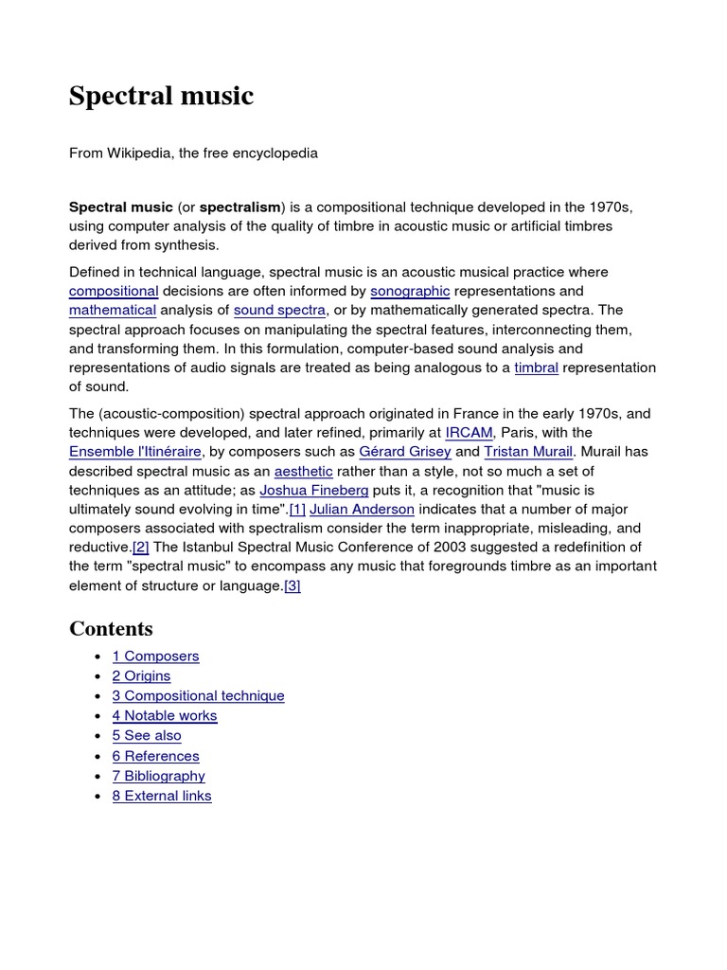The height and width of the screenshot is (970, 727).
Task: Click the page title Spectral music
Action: point(161,96)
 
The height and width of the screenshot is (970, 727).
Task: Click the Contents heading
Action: point(111,629)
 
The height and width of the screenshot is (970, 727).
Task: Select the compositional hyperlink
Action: point(114,291)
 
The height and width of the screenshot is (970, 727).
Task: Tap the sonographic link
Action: point(410,291)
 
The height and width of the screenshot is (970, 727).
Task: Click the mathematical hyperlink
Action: point(112,310)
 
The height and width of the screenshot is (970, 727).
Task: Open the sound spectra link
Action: point(280,310)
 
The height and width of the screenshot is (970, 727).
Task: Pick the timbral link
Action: point(536,368)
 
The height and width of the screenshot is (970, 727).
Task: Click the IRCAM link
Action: point(469,433)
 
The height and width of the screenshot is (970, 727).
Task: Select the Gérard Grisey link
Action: point(404,452)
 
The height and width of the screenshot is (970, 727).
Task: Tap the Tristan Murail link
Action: point(528,452)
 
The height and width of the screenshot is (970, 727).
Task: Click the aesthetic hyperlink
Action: point(303,471)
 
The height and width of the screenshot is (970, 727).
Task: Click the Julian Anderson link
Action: point(363,510)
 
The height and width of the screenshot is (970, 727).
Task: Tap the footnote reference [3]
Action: point(293,586)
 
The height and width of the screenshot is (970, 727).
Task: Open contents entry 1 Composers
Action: point(155,656)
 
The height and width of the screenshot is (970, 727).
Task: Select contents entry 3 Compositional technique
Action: point(198,695)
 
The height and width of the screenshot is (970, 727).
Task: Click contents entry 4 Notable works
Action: point(165,715)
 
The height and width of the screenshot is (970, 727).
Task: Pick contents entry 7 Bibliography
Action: point(158,776)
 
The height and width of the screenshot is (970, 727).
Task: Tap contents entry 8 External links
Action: point(162,796)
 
